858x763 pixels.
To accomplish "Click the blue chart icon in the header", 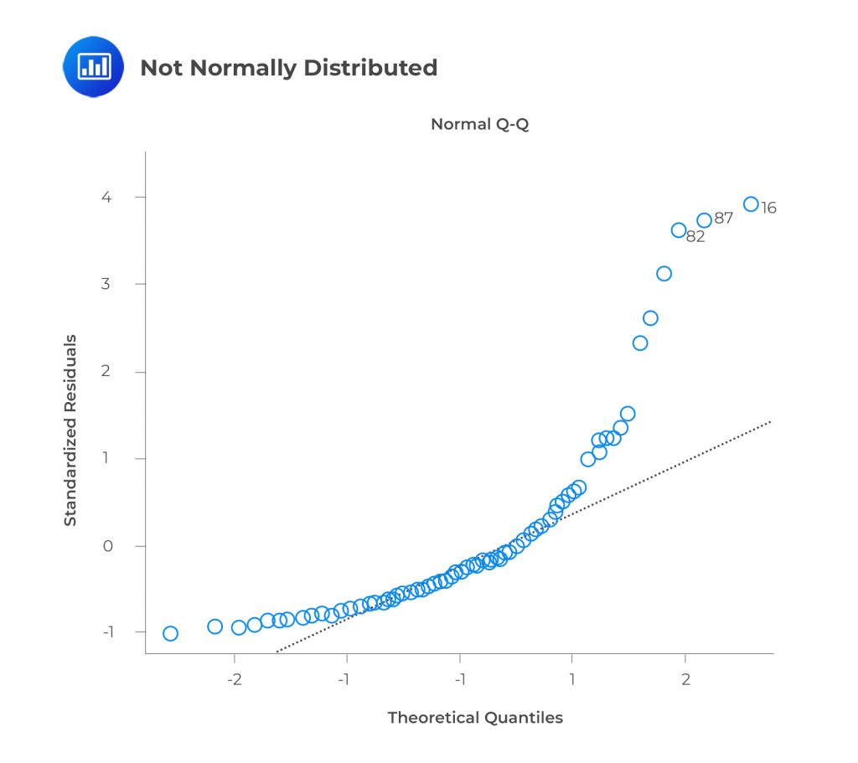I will click(x=93, y=66).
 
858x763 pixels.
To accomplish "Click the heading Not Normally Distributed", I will click(x=288, y=68).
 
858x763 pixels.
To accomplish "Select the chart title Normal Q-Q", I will click(x=479, y=125).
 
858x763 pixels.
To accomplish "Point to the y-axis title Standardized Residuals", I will click(x=71, y=430).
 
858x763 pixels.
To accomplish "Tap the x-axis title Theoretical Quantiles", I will click(x=475, y=718).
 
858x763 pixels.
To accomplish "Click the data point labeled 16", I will click(x=751, y=204).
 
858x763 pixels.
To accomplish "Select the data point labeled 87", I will click(x=704, y=220).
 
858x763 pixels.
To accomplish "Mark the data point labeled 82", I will click(x=679, y=230).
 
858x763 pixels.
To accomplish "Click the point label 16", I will click(x=768, y=209).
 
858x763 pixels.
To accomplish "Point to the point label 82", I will click(x=695, y=237).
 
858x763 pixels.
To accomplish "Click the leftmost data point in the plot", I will click(x=170, y=633).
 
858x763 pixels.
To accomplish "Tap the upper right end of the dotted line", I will click(x=769, y=421).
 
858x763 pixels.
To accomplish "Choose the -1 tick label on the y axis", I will click(x=106, y=632).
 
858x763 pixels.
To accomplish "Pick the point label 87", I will click(x=724, y=219).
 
